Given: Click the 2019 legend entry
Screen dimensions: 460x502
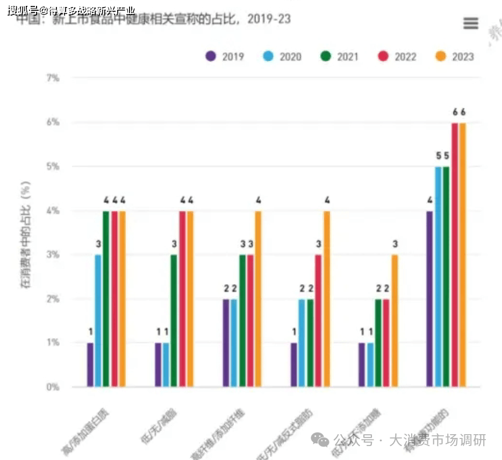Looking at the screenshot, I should pos(225,56).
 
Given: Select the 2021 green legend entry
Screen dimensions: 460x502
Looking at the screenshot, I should pos(339,56).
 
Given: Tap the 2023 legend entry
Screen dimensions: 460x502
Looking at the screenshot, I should pos(454,56).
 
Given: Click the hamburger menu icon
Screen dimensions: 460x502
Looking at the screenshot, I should pos(470,23).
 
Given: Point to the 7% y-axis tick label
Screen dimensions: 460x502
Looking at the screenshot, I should pos(52,78).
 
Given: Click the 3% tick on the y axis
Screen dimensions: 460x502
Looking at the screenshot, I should pos(52,254).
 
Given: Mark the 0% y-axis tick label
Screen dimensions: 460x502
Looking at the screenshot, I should pos(52,387).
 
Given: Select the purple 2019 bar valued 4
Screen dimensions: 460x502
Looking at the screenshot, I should pos(430,299).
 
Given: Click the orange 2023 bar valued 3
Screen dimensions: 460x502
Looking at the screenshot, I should pos(395,321).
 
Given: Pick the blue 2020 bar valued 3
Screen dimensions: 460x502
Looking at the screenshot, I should pos(98,321).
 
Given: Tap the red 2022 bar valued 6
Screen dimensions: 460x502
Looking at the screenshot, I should pos(455,255).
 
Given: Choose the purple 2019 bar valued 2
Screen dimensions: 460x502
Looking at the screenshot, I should pos(226,343).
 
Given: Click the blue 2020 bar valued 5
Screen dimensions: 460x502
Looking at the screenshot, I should pos(438,277).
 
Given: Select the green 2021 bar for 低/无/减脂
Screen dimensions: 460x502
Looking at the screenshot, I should pos(174,321).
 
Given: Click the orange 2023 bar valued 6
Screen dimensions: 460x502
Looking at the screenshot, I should pos(463,255).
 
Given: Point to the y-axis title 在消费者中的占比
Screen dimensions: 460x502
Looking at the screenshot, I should pos(26,234).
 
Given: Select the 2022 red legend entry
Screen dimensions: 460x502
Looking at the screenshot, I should pos(397,56).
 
